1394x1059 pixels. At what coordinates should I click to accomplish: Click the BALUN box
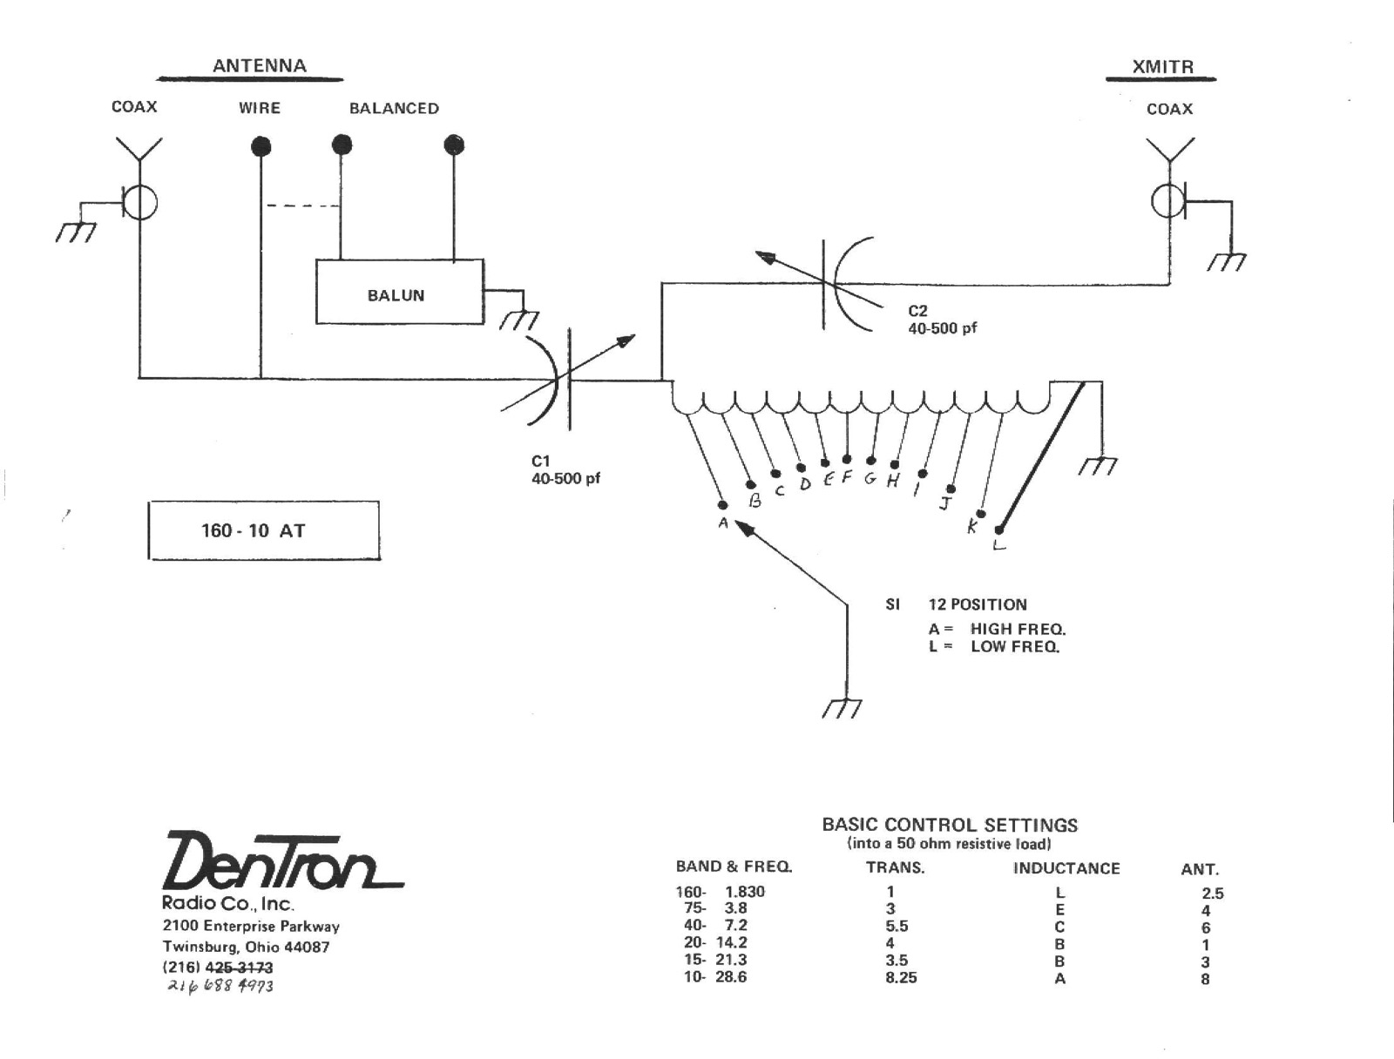click(x=398, y=293)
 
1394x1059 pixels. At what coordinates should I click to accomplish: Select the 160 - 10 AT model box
click(x=264, y=530)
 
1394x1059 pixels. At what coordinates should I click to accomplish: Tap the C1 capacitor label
click(x=541, y=462)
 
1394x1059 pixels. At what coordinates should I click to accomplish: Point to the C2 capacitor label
click(x=918, y=311)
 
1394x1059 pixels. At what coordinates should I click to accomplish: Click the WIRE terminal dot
click(x=261, y=146)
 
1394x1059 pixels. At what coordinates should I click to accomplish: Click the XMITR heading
click(x=1162, y=67)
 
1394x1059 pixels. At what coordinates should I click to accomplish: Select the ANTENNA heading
click(x=260, y=66)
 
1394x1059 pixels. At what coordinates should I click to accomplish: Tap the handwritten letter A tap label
click(x=723, y=523)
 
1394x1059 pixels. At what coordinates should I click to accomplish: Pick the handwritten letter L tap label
click(x=999, y=545)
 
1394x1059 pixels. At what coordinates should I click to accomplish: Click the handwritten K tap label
click(x=972, y=526)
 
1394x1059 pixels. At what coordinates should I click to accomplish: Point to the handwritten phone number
click(x=220, y=986)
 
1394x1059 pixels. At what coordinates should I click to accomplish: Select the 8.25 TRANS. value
click(x=901, y=978)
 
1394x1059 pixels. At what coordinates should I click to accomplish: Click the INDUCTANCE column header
click(x=1066, y=868)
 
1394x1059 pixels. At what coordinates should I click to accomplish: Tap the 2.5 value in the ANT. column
click(x=1212, y=894)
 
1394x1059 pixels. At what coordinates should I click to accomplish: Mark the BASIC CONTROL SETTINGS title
click(x=950, y=825)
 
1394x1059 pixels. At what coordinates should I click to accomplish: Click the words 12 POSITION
click(x=978, y=604)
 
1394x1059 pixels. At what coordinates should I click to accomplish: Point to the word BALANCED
click(x=394, y=109)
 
